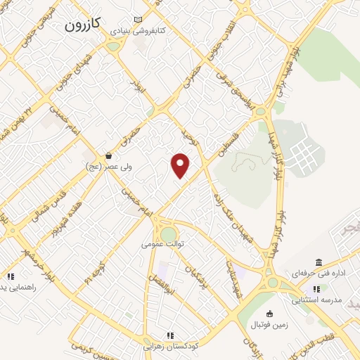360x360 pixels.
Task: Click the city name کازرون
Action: pyautogui.click(x=83, y=25)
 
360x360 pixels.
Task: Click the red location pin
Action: pyautogui.click(x=181, y=166)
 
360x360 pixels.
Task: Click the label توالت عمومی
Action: pyautogui.click(x=162, y=244)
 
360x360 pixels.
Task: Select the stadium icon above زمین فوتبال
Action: pyautogui.click(x=269, y=314)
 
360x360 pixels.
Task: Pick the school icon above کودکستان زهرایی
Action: pyautogui.click(x=169, y=336)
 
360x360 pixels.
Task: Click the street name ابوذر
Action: pyautogui.click(x=139, y=88)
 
